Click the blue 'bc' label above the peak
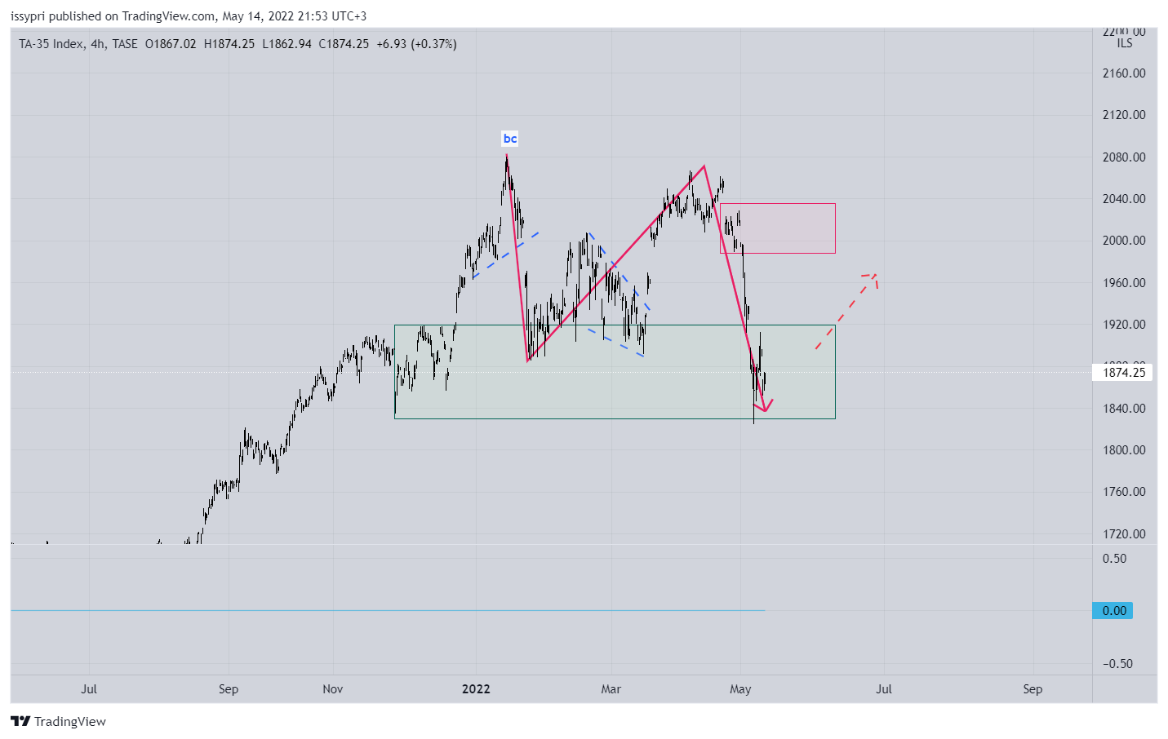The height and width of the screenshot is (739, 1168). [510, 139]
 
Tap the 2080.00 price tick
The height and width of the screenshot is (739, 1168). [1124, 157]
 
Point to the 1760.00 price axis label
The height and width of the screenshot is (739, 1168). [1124, 492]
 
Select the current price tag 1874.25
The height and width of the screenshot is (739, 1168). [1124, 373]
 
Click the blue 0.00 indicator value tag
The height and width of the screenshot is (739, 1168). [1113, 611]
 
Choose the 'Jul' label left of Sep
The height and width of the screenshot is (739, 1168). [89, 689]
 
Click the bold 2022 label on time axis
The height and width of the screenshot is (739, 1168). [476, 689]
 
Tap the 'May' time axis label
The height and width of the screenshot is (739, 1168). [740, 689]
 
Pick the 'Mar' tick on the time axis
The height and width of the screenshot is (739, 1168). [611, 689]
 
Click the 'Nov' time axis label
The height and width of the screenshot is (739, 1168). [333, 689]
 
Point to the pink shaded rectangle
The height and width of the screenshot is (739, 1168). [778, 228]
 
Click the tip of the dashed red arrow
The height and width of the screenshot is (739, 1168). [874, 274]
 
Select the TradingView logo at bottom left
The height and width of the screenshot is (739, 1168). [58, 722]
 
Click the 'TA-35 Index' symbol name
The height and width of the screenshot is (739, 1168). [51, 44]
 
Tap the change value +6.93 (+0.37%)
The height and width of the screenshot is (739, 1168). [416, 44]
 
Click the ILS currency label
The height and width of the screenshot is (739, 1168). [1125, 44]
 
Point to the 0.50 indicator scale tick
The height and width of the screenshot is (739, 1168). [1114, 559]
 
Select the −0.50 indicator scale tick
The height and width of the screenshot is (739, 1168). [1117, 664]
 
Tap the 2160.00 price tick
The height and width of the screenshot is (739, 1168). [1124, 73]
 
